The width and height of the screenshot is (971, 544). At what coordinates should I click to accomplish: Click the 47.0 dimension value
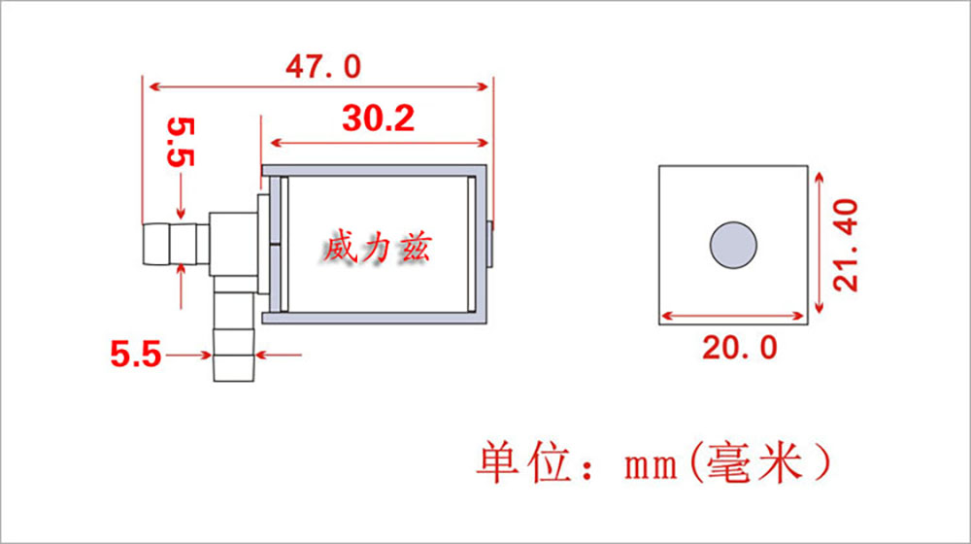tap(322, 66)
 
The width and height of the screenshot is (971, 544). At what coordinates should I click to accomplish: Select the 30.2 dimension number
tap(378, 119)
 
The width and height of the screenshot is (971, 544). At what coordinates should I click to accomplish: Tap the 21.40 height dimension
tap(846, 245)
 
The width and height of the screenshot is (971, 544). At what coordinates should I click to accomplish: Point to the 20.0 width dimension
tap(739, 348)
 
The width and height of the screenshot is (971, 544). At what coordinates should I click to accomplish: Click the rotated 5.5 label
tap(181, 143)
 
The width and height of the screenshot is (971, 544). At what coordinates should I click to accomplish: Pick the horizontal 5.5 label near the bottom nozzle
tap(136, 355)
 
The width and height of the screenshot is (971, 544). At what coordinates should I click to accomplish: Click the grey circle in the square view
tap(733, 246)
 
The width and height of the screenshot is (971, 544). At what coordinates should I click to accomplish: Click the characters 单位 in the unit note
tap(524, 462)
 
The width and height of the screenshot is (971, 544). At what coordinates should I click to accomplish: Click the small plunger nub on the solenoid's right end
tap(489, 244)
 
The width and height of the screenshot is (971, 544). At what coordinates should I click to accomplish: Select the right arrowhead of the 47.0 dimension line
tap(483, 86)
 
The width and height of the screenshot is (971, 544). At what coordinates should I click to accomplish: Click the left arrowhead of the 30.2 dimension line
tap(278, 143)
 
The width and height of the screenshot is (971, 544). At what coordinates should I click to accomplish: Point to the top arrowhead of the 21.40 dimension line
tap(820, 179)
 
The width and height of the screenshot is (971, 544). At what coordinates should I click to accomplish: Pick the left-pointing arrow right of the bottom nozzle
tap(279, 355)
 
